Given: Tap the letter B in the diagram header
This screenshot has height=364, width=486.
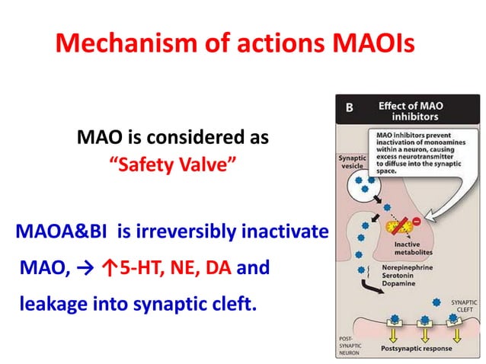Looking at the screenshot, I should coord(349,107).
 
